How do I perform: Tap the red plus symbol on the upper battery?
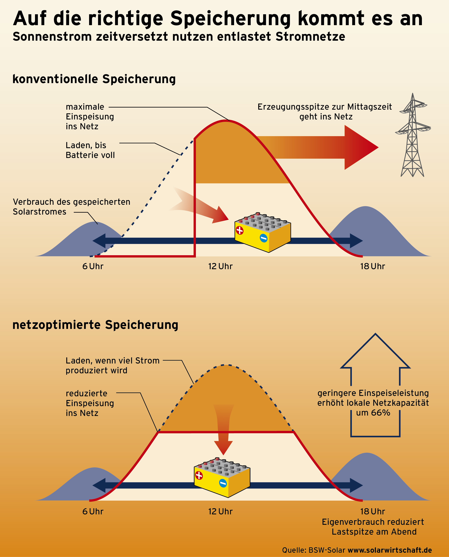click(240, 230)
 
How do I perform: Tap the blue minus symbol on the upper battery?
click(263, 238)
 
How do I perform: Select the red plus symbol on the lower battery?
click(199, 475)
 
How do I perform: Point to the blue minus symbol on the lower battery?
click(223, 483)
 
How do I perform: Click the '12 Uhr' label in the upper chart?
click(220, 266)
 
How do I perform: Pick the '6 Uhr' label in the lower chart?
click(93, 512)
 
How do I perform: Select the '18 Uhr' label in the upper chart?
click(372, 266)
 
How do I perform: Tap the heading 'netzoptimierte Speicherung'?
click(95, 325)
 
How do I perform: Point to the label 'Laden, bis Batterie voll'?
click(90, 150)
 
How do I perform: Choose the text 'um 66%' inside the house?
click(373, 413)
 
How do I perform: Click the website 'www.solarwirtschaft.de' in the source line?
click(390, 550)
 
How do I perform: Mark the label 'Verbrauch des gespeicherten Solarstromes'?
click(71, 207)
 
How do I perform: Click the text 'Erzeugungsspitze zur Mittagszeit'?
click(325, 107)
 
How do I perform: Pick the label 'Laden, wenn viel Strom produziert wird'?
click(112, 365)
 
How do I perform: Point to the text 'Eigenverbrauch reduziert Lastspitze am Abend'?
click(373, 527)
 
